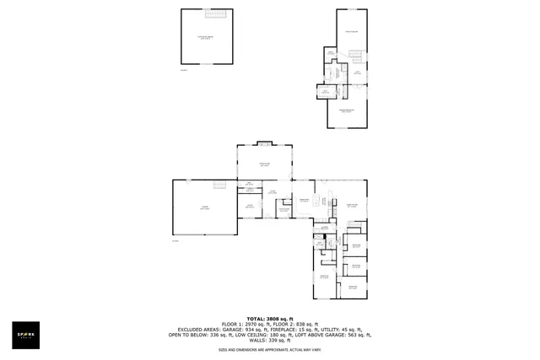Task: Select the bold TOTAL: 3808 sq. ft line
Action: pyautogui.click(x=269, y=318)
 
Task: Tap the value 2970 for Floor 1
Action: pyautogui.click(x=252, y=324)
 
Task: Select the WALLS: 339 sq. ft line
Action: pyautogui.click(x=269, y=341)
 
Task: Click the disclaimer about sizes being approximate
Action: pyautogui.click(x=269, y=349)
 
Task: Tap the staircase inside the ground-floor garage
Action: pyautogui.click(x=221, y=185)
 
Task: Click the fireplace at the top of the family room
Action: pyautogui.click(x=265, y=142)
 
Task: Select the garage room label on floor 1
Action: pyautogui.click(x=204, y=207)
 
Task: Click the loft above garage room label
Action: pyautogui.click(x=207, y=37)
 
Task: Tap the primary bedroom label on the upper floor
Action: pyautogui.click(x=347, y=110)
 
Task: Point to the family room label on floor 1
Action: pyautogui.click(x=265, y=164)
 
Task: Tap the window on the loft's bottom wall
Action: pyautogui.click(x=207, y=62)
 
